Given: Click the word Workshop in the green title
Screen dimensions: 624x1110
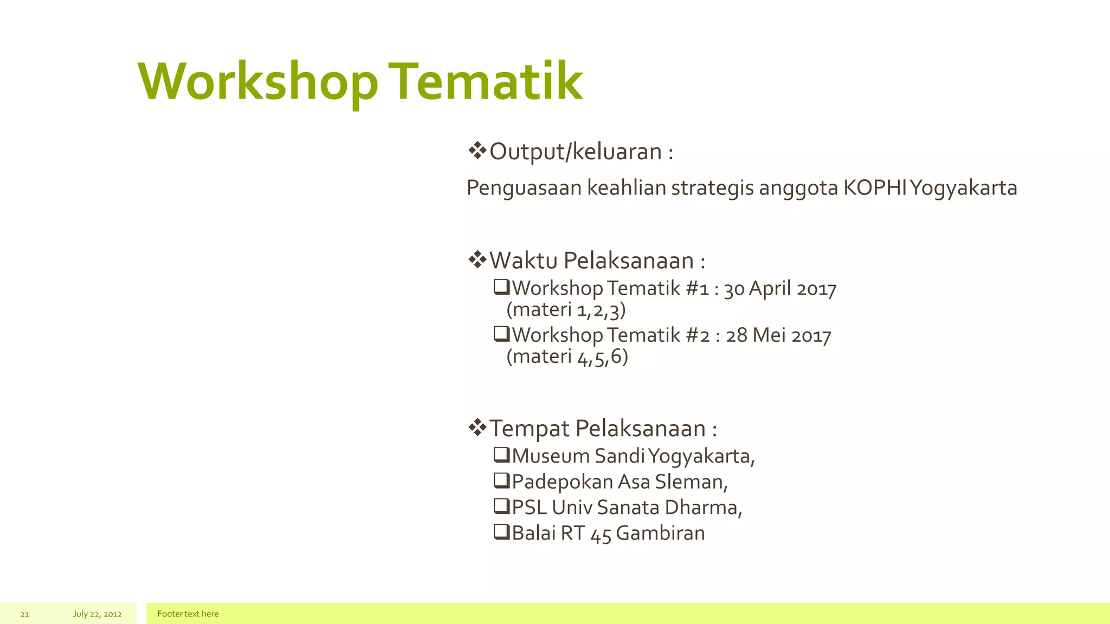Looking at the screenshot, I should click(x=258, y=82).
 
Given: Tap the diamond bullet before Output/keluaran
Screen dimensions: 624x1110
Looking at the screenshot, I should click(x=477, y=151).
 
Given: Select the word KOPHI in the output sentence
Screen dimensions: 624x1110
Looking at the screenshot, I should click(x=875, y=188).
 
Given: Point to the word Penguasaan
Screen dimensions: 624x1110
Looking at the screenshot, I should click(x=524, y=188).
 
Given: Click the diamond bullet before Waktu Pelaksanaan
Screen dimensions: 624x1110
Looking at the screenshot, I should click(x=477, y=260).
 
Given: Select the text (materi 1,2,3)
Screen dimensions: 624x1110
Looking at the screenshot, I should click(x=566, y=310).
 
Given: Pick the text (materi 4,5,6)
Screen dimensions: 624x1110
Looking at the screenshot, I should click(x=567, y=356).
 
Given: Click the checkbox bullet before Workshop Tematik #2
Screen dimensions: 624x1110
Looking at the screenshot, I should click(x=501, y=334).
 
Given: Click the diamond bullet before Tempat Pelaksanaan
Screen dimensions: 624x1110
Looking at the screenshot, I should click(x=477, y=427).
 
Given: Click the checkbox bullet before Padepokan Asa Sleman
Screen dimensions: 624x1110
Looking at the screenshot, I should click(x=501, y=480).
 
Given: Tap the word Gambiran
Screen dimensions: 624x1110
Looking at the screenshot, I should click(x=660, y=533).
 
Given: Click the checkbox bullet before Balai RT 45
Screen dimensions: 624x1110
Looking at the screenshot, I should click(x=501, y=532).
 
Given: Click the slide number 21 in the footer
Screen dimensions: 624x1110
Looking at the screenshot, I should click(x=24, y=614).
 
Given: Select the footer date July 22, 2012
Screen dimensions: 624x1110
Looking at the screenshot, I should click(x=97, y=614).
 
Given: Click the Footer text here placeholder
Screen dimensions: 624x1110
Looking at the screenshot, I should click(x=188, y=614).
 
